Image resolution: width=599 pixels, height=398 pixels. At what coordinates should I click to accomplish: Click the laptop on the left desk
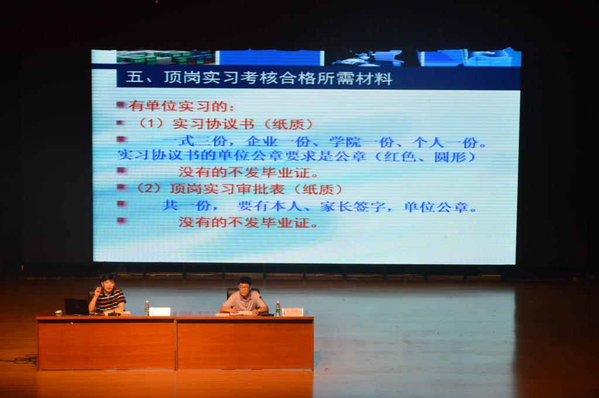pos(77,307)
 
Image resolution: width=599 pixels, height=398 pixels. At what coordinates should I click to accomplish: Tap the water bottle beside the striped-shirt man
pos(147,308)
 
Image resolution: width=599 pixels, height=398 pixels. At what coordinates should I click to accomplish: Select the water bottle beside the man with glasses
pos(278,309)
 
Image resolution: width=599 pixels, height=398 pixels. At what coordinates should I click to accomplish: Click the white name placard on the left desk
pos(160,311)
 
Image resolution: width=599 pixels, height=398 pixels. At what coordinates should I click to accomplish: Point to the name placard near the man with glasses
pos(292,312)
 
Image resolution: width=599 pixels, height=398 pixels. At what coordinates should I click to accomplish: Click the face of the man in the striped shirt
pos(108,284)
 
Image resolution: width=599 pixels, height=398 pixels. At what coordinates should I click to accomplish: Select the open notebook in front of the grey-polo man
pos(242,313)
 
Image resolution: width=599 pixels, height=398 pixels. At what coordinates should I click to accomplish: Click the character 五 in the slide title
pos(135,77)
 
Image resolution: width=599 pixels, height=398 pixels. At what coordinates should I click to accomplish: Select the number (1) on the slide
pos(150,124)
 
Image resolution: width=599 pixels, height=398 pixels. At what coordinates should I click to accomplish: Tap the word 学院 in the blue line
pos(345,142)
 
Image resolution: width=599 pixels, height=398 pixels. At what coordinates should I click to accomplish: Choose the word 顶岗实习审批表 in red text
pos(227,189)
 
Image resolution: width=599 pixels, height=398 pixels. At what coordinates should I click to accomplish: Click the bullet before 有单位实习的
pos(121,104)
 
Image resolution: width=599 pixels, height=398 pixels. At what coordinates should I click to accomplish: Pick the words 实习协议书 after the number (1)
pos(213,124)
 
